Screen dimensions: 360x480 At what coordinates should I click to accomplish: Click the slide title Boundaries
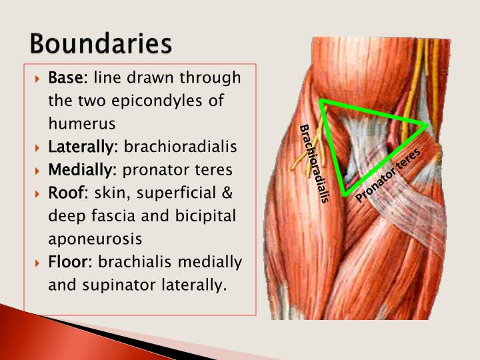pos(100,44)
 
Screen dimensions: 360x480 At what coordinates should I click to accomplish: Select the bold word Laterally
pos(83,147)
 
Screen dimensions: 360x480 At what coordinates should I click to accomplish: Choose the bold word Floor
pos(67,262)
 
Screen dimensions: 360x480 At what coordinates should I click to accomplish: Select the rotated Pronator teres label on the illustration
pos(388,175)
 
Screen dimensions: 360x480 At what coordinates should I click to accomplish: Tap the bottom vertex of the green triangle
pos(344,194)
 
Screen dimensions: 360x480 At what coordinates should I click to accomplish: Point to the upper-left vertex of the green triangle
pos(321,101)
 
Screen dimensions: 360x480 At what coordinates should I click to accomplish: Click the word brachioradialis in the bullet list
pos(181,147)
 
